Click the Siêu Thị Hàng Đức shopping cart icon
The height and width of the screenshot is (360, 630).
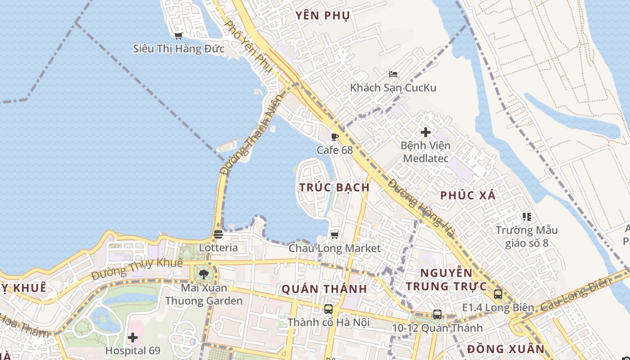click(179, 36)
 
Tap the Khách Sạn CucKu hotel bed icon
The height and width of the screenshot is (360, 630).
click(393, 74)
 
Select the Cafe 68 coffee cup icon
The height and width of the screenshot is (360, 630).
click(334, 137)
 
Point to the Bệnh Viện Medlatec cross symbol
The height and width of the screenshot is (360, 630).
click(425, 132)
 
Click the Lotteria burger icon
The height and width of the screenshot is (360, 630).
click(218, 234)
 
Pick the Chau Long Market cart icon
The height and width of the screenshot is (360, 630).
click(334, 235)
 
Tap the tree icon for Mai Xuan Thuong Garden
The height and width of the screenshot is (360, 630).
click(204, 274)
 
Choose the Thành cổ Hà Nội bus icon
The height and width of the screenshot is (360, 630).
click(328, 309)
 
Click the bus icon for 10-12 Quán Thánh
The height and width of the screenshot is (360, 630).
click(437, 315)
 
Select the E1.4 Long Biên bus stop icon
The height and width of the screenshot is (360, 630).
click(498, 294)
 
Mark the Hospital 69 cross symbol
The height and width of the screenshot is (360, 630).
click(133, 337)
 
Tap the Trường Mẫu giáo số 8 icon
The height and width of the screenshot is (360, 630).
click(527, 217)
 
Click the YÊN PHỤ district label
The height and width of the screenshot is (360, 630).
click(323, 16)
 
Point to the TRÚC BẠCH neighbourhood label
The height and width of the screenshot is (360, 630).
click(335, 187)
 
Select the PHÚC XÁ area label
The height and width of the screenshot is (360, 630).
click(468, 195)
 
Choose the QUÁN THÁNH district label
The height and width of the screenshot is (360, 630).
click(324, 289)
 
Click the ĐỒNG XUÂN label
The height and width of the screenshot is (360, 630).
click(505, 349)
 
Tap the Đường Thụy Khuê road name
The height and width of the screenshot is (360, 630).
click(137, 269)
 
